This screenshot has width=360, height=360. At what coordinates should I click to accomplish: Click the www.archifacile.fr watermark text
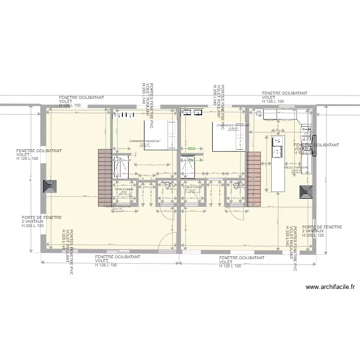[330, 288]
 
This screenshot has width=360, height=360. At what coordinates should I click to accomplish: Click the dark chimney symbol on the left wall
[48, 187]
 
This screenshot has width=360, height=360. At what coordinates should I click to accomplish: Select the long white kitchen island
[277, 163]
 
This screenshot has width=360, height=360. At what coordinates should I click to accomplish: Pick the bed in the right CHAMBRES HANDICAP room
[230, 137]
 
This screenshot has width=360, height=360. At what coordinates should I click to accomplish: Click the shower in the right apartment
[188, 166]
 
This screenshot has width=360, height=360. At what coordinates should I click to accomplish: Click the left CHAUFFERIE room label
[123, 189]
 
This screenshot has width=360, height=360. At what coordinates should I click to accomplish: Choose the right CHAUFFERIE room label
[192, 188]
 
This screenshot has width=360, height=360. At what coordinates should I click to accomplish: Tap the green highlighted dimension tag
[191, 148]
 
